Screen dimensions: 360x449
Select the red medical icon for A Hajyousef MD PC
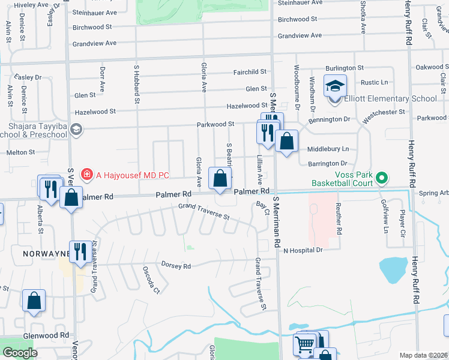pos(86,175)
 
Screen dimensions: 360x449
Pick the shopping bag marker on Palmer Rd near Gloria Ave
pos(220,178)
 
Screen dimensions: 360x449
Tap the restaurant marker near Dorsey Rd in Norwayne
pos(79,251)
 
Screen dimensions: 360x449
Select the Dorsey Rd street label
pos(176,265)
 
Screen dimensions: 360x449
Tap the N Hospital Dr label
pos(303,250)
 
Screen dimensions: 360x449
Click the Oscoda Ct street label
pos(150,280)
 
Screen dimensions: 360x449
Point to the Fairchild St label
pos(250,72)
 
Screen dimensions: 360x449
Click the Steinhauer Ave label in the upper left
pos(94,12)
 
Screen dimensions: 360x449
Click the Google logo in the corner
pos(20,353)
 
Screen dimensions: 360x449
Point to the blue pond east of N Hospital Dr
pos(394,270)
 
